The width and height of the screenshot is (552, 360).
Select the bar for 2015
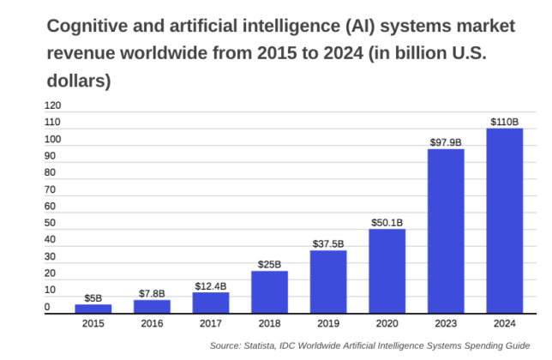tap(93, 309)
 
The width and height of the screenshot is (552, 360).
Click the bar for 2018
tap(269, 292)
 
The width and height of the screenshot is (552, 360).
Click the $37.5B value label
tap(328, 243)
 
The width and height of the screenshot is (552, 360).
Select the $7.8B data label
tap(152, 293)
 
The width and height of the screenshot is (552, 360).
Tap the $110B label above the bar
tap(505, 122)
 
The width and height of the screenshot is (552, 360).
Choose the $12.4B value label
tap(211, 285)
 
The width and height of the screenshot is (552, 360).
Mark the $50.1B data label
tap(387, 222)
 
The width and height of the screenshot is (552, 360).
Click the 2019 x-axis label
tap(328, 324)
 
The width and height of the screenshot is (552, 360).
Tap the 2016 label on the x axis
tap(152, 324)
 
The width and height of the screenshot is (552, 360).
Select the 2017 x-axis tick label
tap(211, 324)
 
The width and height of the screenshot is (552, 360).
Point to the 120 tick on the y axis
tap(53, 106)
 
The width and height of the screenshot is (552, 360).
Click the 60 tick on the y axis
tap(51, 207)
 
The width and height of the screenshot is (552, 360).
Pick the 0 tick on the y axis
tap(48, 307)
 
